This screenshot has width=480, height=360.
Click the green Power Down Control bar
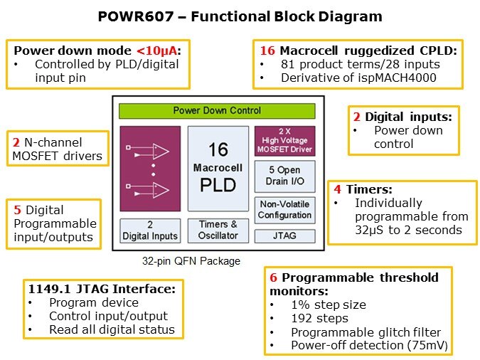(x=217, y=110)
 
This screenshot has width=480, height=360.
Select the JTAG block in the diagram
(x=284, y=235)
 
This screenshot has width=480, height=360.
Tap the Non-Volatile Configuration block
(x=284, y=210)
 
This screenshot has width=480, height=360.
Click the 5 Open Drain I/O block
(x=284, y=176)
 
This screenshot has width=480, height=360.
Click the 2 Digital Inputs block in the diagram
(x=149, y=230)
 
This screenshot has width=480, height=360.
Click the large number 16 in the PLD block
(x=218, y=149)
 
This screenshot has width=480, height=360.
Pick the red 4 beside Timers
(x=338, y=189)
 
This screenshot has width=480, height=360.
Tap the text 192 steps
(x=319, y=318)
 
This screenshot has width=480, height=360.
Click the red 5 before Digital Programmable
(x=17, y=210)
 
